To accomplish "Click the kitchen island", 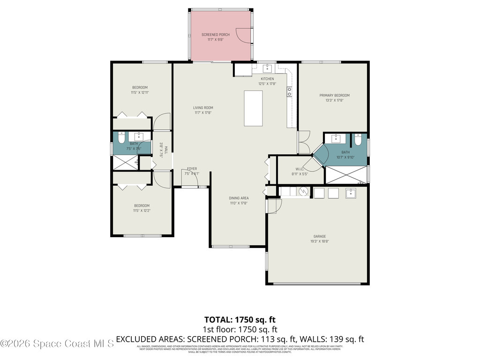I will tap(253, 108).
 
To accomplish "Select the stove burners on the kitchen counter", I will tap(290, 91).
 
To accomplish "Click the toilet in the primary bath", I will tap(359, 140).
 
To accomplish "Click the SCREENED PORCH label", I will tap(213, 35).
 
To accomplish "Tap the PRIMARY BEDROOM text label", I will tap(334, 96).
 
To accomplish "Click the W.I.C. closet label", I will tap(300, 169).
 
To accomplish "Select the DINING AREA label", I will tap(239, 198).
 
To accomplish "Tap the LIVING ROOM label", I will tap(203, 108).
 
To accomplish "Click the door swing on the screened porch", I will tap(244, 36).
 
